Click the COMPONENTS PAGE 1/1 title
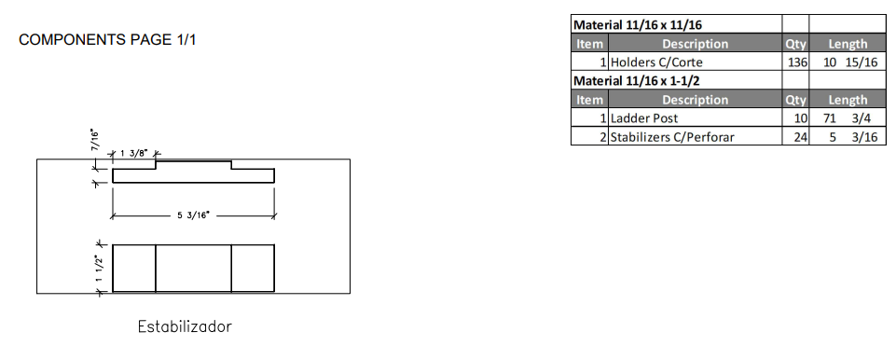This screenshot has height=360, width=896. (107, 40)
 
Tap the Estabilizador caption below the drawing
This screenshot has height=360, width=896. (185, 327)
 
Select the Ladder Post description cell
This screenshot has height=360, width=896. (644, 118)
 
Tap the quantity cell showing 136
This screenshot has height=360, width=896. (795, 62)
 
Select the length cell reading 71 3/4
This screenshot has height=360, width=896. (847, 118)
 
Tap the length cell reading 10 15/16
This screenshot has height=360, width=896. (847, 62)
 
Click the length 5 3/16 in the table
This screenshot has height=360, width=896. (847, 137)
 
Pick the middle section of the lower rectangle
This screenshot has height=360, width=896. (193, 269)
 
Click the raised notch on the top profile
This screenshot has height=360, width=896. (193, 165)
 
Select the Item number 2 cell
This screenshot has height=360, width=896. (590, 137)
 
